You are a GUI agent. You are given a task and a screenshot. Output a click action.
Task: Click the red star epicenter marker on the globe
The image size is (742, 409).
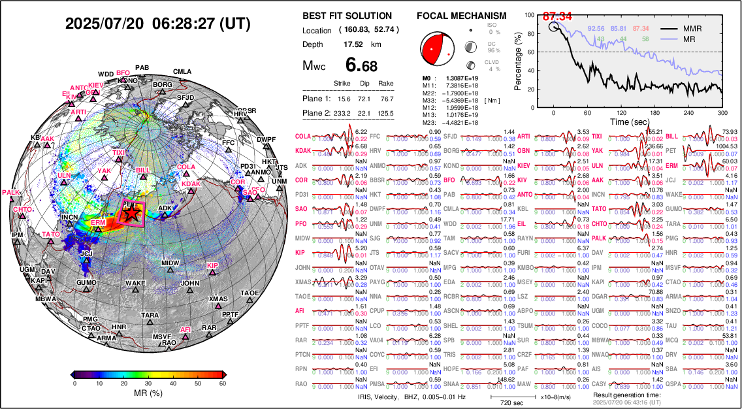(131, 212)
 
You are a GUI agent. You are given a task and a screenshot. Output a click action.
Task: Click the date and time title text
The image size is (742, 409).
(158, 24)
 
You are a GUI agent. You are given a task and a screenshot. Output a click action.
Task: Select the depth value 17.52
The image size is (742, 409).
(353, 44)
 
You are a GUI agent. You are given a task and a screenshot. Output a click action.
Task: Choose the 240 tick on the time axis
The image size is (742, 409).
(681, 112)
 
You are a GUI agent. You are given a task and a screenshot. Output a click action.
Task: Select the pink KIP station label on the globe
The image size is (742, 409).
(212, 265)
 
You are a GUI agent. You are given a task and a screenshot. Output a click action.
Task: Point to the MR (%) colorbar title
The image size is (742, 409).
(147, 394)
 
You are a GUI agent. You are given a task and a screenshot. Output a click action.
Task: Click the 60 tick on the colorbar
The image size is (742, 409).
(222, 384)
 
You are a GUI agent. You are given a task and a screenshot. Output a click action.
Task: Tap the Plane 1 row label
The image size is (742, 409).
(317, 99)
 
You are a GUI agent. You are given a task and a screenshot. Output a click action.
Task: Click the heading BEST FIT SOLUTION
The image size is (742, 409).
(347, 16)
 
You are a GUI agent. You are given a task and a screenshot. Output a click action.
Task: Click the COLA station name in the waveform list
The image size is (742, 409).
(303, 136)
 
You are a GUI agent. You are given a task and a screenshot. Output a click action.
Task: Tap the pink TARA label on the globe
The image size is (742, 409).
(150, 316)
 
